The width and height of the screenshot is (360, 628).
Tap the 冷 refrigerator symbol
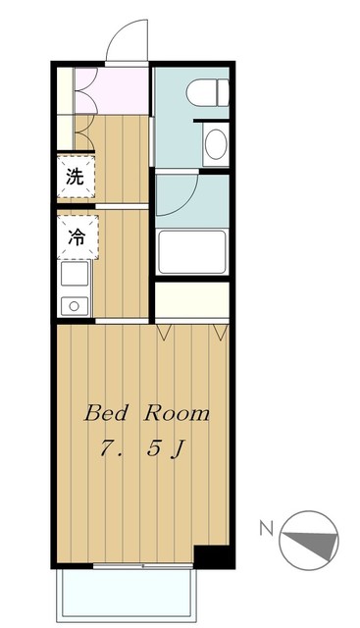pyautogui.click(x=75, y=235)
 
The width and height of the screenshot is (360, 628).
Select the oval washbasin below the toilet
pyautogui.click(x=214, y=145)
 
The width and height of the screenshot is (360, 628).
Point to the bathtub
pyautogui.click(x=192, y=255)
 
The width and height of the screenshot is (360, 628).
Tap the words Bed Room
pyautogui.click(x=146, y=413)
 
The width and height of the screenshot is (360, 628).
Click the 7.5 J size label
pyautogui.click(x=143, y=450)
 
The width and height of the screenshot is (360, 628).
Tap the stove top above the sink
pyautogui.click(x=75, y=275)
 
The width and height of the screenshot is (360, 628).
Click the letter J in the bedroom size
pyautogui.click(x=179, y=451)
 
